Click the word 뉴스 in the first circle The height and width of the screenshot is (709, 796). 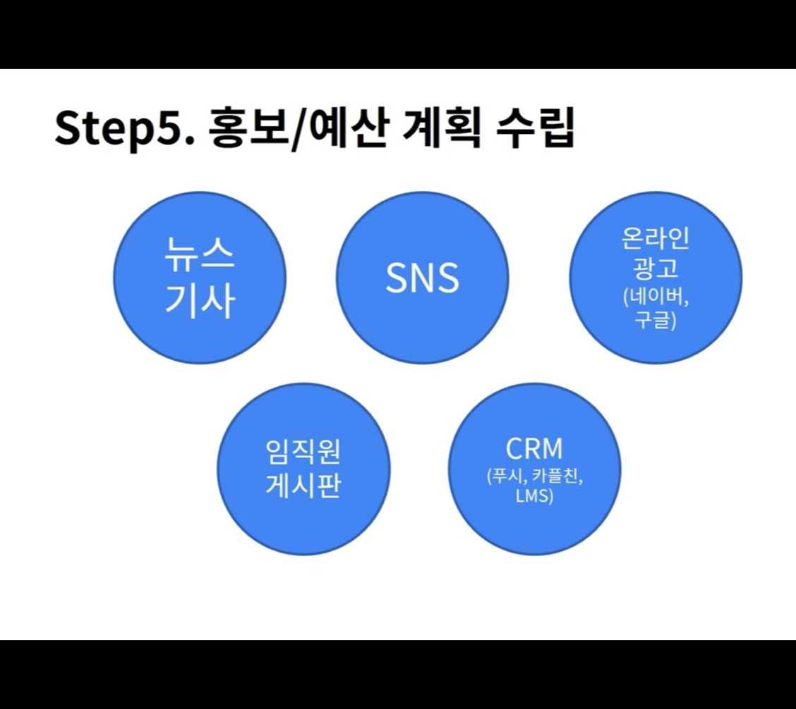200,255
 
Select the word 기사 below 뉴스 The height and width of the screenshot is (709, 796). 200,302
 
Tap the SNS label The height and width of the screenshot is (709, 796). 422,278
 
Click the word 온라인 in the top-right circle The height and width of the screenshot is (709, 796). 656,240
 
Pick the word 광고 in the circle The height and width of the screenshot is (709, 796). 656,269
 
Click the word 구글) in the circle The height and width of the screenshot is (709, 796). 656,322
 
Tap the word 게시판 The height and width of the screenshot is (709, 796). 303,486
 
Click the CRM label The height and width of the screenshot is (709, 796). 534,450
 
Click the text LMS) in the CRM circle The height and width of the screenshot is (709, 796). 534,496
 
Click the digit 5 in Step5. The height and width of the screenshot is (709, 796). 174,129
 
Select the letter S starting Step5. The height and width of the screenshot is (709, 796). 68,129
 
